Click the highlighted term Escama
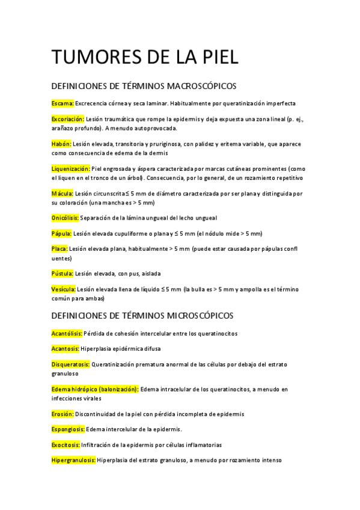coord(63,103)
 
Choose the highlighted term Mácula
coord(63,193)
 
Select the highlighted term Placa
coord(60,249)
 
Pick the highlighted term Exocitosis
coord(67,445)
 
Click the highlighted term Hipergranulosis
coord(74,461)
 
